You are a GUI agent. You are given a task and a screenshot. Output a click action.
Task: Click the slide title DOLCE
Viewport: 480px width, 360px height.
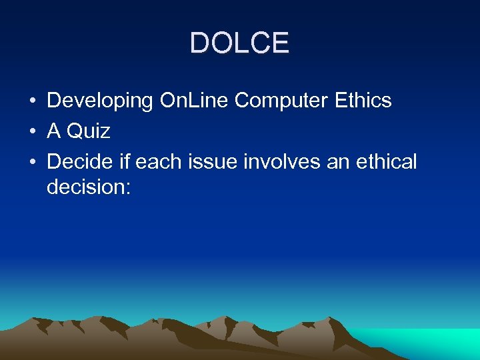(239, 43)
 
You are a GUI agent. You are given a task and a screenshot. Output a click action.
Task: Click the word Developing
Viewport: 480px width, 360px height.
(100, 101)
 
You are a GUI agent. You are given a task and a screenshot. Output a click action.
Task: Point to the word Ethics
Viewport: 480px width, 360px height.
(364, 101)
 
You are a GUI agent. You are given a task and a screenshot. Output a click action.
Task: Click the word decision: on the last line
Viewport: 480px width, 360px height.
(89, 187)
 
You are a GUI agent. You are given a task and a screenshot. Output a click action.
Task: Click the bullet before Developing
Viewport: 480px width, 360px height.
(32, 101)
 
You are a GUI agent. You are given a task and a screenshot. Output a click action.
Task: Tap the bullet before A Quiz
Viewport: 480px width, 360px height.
(32, 131)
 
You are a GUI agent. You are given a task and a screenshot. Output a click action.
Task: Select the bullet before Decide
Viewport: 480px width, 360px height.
(32, 162)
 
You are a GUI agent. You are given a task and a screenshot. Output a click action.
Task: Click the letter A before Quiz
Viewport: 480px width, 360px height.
(54, 131)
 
